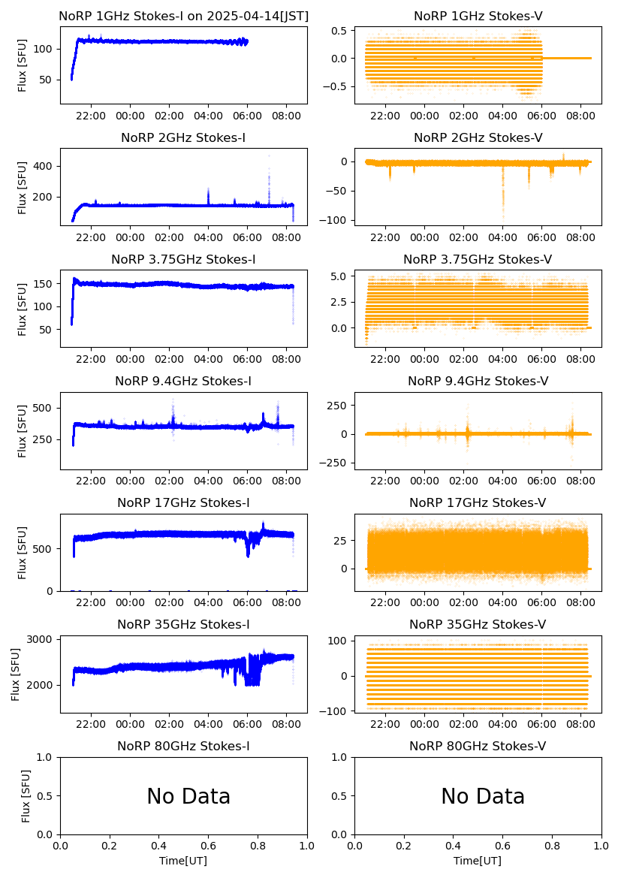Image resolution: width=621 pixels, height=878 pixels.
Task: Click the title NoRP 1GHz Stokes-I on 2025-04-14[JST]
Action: pyautogui.click(x=183, y=16)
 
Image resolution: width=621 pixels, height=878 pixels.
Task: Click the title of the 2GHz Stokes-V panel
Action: pyautogui.click(x=478, y=137)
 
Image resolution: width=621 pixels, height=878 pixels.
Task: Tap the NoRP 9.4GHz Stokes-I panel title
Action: pyautogui.click(x=183, y=381)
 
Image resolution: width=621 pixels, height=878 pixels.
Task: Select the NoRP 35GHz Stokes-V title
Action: pyautogui.click(x=478, y=624)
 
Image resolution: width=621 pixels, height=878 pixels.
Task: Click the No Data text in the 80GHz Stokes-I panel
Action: pyautogui.click(x=188, y=796)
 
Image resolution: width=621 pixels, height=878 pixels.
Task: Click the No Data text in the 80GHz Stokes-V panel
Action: pyautogui.click(x=483, y=796)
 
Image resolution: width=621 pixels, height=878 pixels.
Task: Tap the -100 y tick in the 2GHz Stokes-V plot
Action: pyautogui.click(x=336, y=220)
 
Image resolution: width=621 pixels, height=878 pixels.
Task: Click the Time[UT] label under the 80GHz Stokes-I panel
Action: pyautogui.click(x=183, y=861)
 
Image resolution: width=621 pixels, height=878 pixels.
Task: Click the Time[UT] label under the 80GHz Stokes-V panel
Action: pyautogui.click(x=478, y=861)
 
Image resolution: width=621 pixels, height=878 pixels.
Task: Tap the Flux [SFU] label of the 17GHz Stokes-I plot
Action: pyautogui.click(x=23, y=552)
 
